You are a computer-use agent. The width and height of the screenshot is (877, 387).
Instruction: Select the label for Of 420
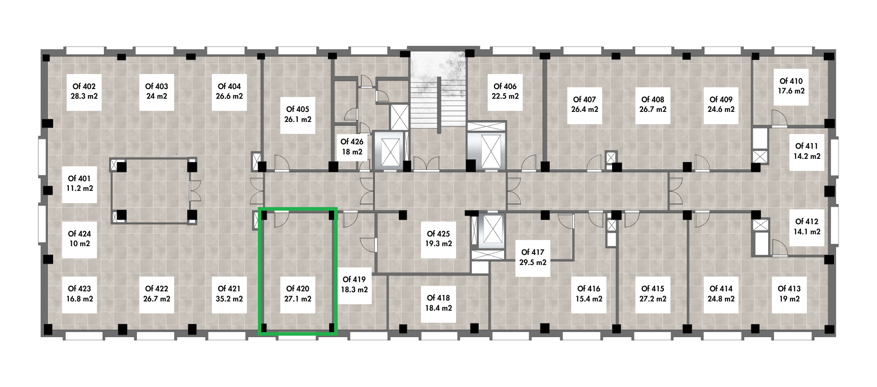[x=298, y=294]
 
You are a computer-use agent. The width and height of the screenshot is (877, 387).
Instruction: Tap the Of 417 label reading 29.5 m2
[x=532, y=258]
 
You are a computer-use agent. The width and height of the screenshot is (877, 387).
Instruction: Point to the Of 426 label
[x=352, y=147]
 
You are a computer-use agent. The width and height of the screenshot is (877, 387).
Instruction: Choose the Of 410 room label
[x=791, y=86]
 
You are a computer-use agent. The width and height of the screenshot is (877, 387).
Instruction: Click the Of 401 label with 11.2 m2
[x=79, y=183]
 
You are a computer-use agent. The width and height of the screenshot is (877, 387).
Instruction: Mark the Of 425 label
[x=438, y=239]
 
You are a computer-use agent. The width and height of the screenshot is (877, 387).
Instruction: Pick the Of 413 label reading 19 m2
[x=789, y=294]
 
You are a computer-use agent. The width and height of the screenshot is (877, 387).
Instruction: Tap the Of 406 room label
[x=505, y=91]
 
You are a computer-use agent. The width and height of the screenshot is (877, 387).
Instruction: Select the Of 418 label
[x=438, y=303]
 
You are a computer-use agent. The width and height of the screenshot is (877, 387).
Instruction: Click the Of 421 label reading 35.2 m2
[x=229, y=294]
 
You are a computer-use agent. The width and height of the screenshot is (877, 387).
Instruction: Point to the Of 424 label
[x=79, y=239]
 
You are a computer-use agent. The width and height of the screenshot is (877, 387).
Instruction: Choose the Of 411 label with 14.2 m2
[x=807, y=151]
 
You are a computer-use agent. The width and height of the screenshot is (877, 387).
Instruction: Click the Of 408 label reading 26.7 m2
[x=652, y=104]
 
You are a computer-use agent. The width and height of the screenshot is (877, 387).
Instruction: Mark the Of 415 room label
[x=652, y=294]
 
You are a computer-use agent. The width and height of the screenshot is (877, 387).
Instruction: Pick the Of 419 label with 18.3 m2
[x=354, y=284]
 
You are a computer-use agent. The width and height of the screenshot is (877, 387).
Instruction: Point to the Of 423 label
[x=79, y=294]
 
